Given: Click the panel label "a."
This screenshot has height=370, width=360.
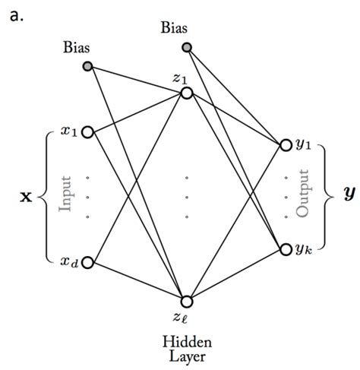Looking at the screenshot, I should pyautogui.click(x=17, y=15).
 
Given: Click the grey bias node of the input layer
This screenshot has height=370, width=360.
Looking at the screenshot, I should pyautogui.click(x=87, y=66).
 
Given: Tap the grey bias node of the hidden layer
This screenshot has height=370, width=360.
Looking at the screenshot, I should pyautogui.click(x=188, y=47).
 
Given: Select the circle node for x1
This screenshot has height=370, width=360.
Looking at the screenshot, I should pyautogui.click(x=87, y=132).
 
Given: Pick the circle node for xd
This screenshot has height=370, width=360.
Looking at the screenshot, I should pyautogui.click(x=87, y=263).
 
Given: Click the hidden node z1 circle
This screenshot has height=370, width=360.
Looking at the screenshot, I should pyautogui.click(x=187, y=93).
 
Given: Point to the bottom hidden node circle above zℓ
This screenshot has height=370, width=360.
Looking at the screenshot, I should pyautogui.click(x=187, y=302).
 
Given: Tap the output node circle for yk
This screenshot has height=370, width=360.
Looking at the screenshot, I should pyautogui.click(x=286, y=249).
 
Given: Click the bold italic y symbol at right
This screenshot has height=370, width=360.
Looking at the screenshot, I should pyautogui.click(x=349, y=195).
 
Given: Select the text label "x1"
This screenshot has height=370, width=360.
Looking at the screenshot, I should pyautogui.click(x=69, y=131).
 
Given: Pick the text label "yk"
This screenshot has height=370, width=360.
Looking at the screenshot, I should pyautogui.click(x=303, y=250).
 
